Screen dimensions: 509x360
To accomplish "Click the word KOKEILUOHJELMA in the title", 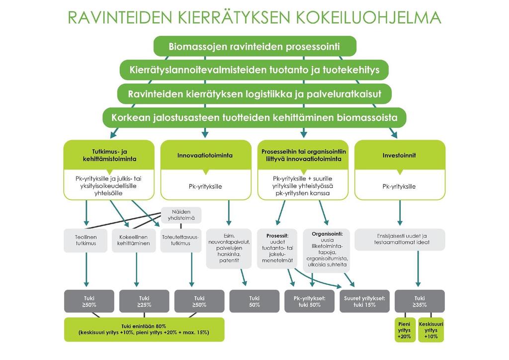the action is (368, 17).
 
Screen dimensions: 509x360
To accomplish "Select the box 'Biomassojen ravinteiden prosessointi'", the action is (255, 46).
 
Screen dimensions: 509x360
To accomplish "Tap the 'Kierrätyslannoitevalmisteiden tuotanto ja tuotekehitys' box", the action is (254, 70).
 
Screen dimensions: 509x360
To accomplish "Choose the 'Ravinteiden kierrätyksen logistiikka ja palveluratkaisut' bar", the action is (254, 94).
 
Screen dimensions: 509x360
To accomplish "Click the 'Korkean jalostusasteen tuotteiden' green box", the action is (254, 117).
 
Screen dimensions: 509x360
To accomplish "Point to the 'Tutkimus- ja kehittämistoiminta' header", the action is (109, 155).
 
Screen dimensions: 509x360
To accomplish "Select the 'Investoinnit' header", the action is (400, 155).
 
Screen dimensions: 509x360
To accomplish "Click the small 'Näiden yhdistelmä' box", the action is (181, 215).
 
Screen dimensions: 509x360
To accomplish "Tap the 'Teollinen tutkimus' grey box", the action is (85, 240).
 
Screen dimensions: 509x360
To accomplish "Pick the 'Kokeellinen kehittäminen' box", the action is (134, 240).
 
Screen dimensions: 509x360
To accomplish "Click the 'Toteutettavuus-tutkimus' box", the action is (181, 240).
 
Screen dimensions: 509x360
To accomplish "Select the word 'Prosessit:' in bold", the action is (277, 236).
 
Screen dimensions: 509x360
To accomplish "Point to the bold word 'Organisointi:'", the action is (327, 234).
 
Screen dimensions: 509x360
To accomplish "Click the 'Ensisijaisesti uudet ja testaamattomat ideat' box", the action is (400, 239).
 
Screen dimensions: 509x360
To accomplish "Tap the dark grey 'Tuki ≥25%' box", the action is (144, 301).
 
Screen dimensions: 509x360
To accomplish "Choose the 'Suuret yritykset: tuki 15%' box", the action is (364, 301).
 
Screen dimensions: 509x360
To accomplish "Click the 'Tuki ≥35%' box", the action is (420, 301).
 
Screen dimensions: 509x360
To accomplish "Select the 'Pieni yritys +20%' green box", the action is (405, 330).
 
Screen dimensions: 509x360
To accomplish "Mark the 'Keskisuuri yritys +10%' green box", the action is (431, 330).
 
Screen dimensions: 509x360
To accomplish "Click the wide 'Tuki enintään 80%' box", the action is (144, 330).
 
